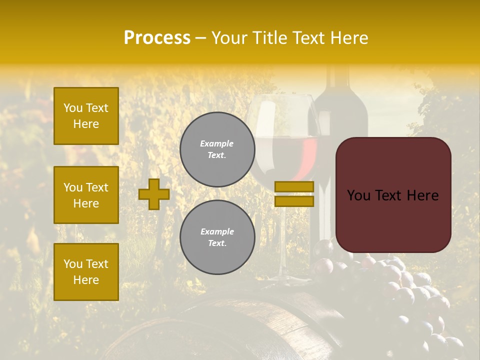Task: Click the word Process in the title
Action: click(157, 38)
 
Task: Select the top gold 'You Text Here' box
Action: click(86, 116)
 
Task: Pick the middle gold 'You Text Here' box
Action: click(86, 195)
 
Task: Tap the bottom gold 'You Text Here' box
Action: click(86, 272)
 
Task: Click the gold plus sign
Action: click(154, 194)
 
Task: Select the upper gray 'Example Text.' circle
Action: click(217, 149)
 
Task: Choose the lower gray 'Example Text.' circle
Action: click(217, 237)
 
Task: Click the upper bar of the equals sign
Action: click(294, 186)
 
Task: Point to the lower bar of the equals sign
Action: click(294, 201)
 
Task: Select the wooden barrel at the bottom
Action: click(235, 325)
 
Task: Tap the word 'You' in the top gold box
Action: click(72, 108)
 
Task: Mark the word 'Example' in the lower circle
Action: click(217, 231)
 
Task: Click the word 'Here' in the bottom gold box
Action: click(86, 280)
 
